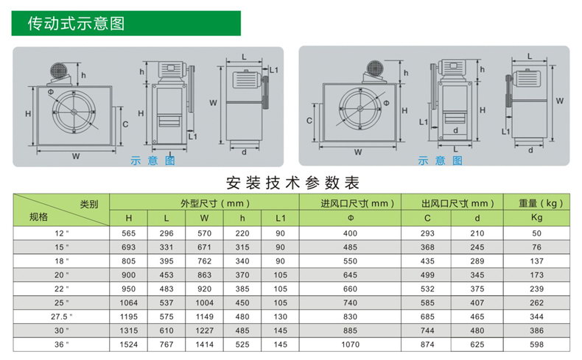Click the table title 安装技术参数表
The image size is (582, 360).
point(293,183)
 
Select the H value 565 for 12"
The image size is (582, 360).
point(128,233)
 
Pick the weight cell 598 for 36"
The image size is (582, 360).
point(536,345)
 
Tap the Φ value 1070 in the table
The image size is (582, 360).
point(350,345)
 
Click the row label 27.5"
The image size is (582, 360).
point(62,317)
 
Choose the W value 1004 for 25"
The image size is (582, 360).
point(204,303)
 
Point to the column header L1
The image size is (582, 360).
point(280,219)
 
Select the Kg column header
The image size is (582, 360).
point(536,218)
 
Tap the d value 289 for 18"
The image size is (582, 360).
point(477,261)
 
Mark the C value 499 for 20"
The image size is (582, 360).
point(427,275)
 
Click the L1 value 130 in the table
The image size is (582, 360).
point(280,317)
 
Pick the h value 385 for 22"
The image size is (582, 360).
point(242,289)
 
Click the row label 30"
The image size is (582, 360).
point(62,331)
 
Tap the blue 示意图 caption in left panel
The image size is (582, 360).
point(152,160)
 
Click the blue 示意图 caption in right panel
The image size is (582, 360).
point(441,160)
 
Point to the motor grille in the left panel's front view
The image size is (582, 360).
point(58,71)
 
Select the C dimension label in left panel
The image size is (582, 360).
point(125,124)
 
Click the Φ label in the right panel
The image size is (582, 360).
point(386,102)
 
